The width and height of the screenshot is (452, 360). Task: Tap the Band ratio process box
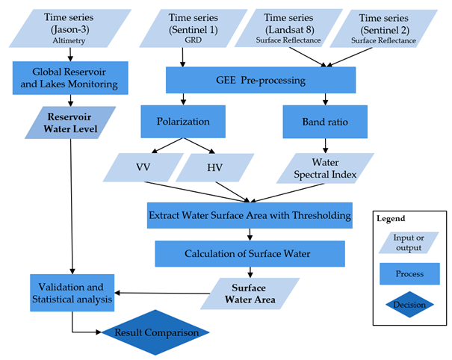tap(324, 122)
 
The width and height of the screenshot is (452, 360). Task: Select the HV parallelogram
tap(216, 168)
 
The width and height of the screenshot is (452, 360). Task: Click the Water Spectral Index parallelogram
tap(324, 168)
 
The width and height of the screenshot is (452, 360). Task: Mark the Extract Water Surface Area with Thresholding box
tap(250, 215)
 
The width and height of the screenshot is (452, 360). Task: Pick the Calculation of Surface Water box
tap(250, 254)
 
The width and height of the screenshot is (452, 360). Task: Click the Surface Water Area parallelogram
tap(250, 294)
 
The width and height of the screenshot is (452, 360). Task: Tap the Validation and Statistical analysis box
tap(72, 294)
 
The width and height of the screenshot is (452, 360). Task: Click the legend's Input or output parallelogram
tap(409, 242)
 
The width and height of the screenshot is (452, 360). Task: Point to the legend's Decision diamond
tap(409, 305)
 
